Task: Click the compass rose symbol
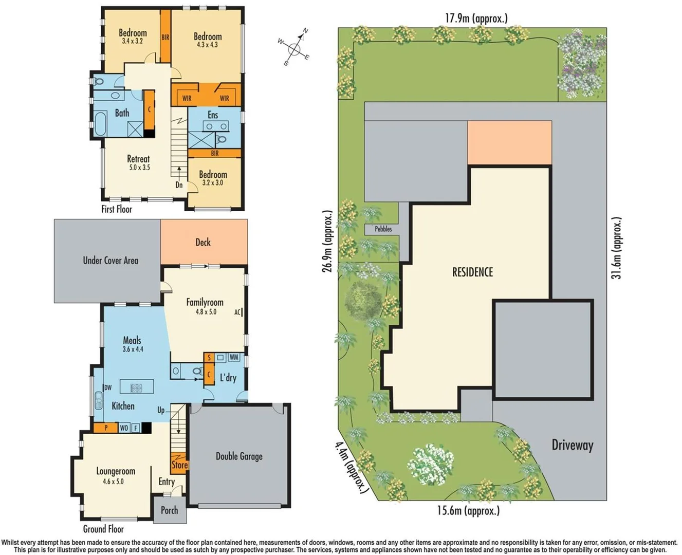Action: click(294, 49)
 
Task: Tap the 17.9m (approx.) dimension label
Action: click(476, 18)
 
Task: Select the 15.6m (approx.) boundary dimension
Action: click(468, 511)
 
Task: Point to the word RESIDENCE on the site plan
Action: click(472, 272)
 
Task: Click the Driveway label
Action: click(572, 445)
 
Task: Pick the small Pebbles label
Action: click(383, 229)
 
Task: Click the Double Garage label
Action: click(239, 456)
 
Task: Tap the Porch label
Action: click(169, 510)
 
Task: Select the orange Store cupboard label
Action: click(179, 465)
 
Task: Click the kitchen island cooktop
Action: click(136, 388)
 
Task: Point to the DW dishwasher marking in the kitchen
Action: click(108, 388)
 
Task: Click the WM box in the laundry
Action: click(234, 357)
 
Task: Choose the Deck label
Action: click(203, 242)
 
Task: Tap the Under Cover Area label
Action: click(110, 261)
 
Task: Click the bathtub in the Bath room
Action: click(99, 124)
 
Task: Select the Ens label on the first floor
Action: click(213, 115)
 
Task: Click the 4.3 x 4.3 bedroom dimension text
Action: click(207, 45)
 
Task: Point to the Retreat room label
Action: click(138, 159)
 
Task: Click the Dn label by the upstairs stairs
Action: click(179, 185)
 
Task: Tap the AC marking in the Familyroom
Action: click(238, 312)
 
